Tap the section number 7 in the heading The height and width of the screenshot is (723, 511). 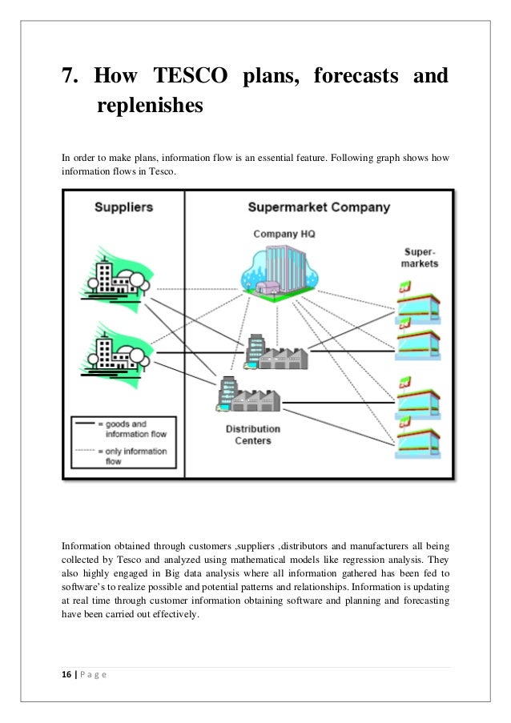pyautogui.click(x=70, y=78)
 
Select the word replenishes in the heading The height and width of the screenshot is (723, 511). pyautogui.click(x=148, y=105)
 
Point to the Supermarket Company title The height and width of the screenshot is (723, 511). pyautogui.click(x=318, y=207)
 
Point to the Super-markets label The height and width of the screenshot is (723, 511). pyautogui.click(x=420, y=258)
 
